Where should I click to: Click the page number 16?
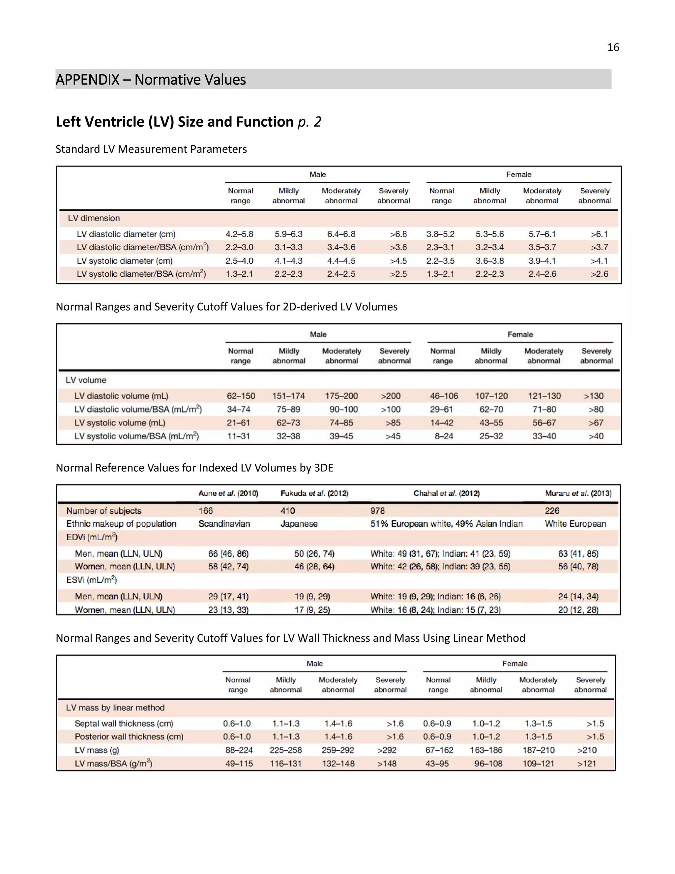pyautogui.click(x=613, y=47)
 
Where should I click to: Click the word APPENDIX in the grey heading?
pyautogui.click(x=87, y=79)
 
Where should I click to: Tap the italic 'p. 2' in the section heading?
pyautogui.click(x=309, y=122)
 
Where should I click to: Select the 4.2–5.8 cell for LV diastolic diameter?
pyautogui.click(x=239, y=234)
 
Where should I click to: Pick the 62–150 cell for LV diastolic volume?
pyautogui.click(x=241, y=396)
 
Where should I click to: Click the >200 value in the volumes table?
pyautogui.click(x=390, y=396)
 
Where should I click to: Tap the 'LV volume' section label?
pyautogui.click(x=86, y=380)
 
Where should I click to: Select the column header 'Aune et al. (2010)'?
pyautogui.click(x=228, y=493)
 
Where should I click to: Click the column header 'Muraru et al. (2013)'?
pyautogui.click(x=578, y=493)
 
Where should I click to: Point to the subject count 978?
pyautogui.click(x=377, y=511)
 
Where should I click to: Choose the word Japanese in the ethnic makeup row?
pyautogui.click(x=299, y=524)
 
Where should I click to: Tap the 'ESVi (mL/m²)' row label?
pyautogui.click(x=92, y=580)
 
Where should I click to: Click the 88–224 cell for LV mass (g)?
pyautogui.click(x=239, y=750)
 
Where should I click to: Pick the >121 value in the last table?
pyautogui.click(x=586, y=764)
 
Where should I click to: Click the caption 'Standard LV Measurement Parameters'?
pyautogui.click(x=151, y=149)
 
